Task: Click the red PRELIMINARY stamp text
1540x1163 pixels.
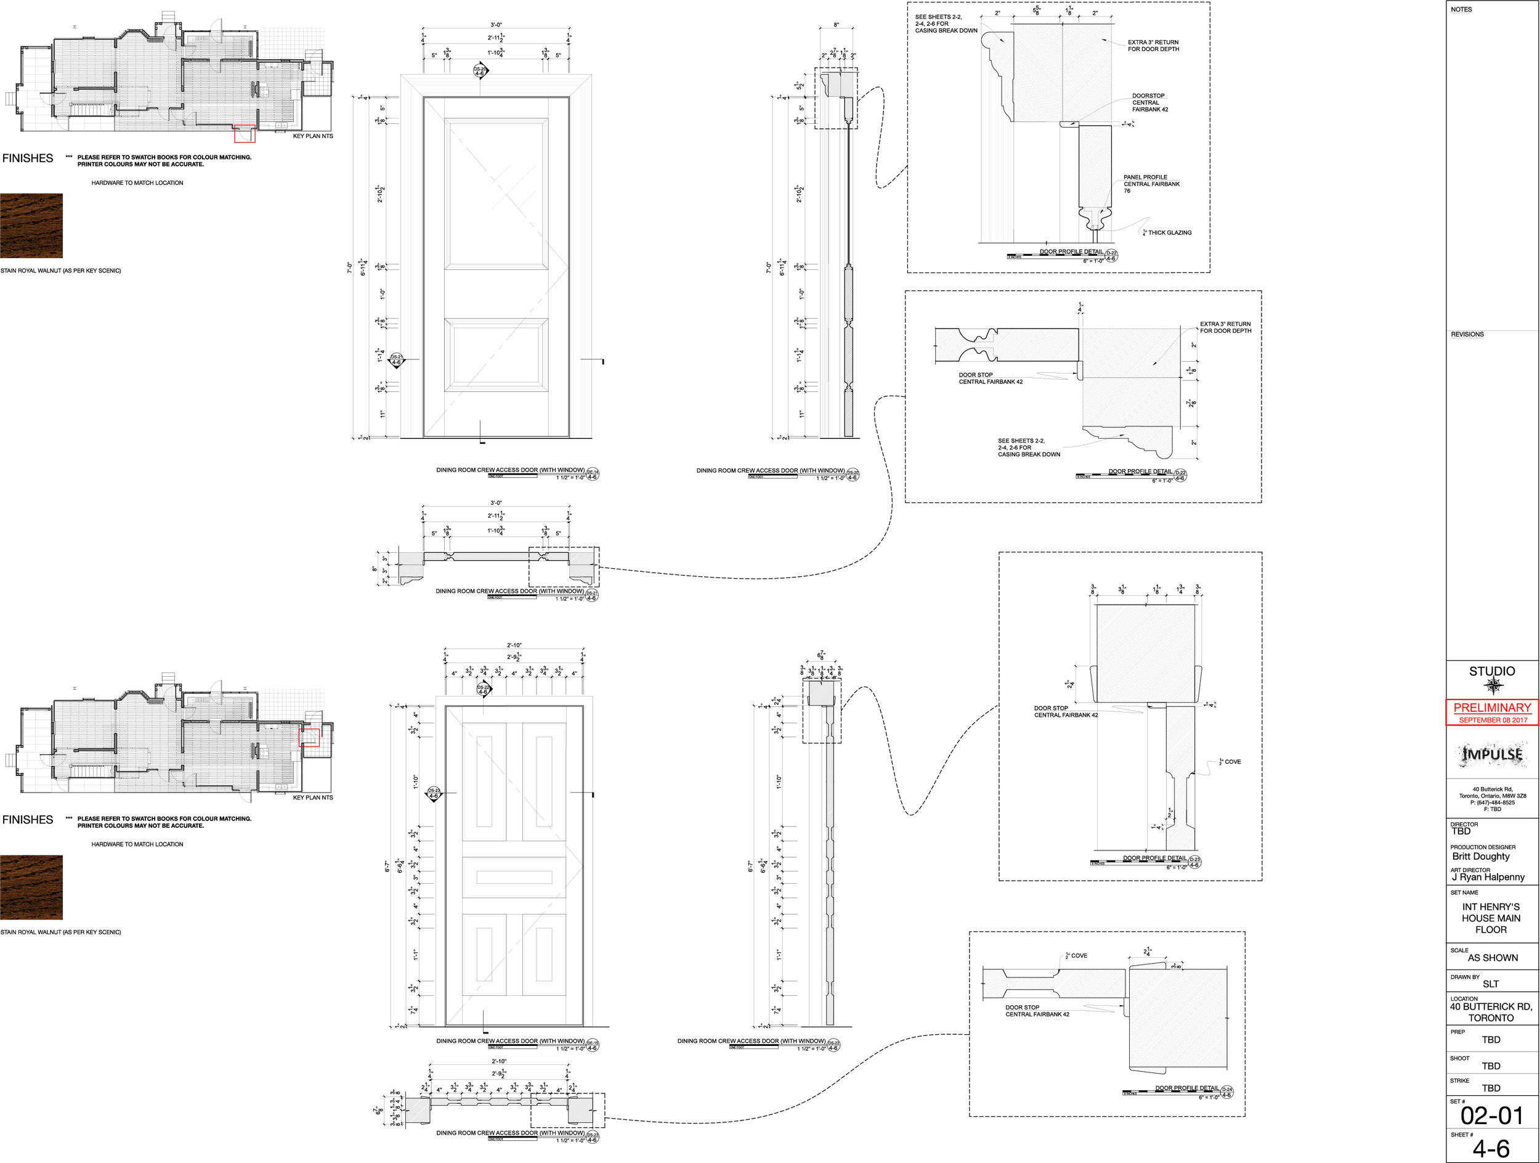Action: [x=1492, y=707]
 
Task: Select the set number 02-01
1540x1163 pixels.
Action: [x=1491, y=1116]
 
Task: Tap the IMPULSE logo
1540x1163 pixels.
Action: [x=1492, y=754]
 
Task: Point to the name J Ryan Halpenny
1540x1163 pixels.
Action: [x=1488, y=877]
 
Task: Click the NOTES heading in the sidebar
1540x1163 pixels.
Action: [x=1461, y=10]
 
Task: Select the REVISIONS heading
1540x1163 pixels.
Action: [x=1467, y=334]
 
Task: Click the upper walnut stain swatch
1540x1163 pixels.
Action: [x=31, y=226]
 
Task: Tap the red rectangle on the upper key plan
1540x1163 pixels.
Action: [x=245, y=134]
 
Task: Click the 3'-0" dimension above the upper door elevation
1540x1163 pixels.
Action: [x=496, y=25]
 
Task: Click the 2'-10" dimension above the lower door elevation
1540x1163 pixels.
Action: [x=514, y=645]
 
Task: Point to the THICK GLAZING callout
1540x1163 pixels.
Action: [x=1169, y=232]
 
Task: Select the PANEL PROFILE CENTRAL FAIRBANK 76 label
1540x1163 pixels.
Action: [x=1151, y=184]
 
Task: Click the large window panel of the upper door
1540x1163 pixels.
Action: [x=496, y=193]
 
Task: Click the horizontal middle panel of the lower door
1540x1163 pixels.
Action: [x=514, y=877]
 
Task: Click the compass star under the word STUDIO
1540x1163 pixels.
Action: [x=1493, y=687]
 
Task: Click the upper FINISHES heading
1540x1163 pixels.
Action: [x=28, y=158]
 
